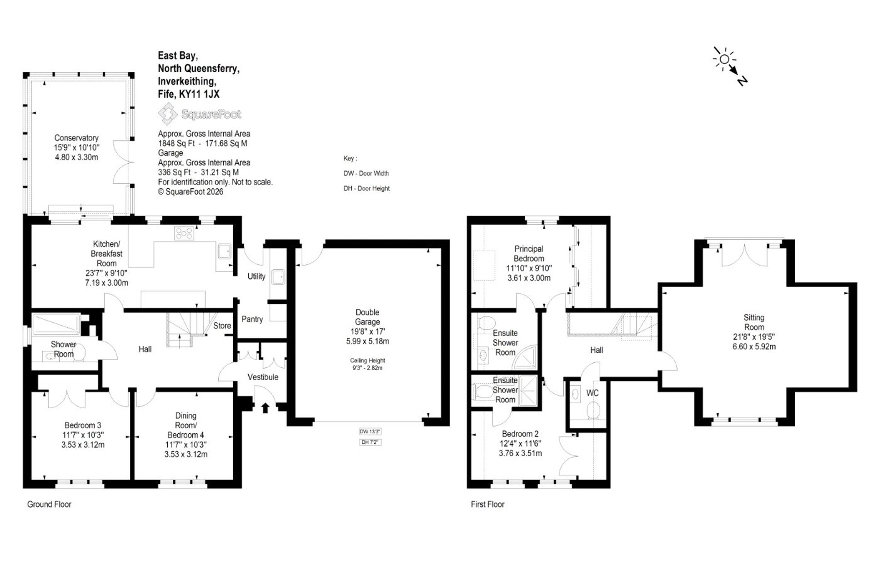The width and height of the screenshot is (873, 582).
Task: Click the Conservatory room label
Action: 76,138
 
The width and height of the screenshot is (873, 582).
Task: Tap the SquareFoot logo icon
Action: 168,113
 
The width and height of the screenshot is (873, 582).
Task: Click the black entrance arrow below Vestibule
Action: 265,407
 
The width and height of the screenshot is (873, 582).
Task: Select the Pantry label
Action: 252,319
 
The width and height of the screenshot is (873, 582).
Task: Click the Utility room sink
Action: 278,276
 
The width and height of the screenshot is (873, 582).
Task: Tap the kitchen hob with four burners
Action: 184,234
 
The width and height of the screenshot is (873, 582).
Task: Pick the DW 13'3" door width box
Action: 370,431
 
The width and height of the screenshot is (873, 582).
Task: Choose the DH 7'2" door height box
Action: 370,442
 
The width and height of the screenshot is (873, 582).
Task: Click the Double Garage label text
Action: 367,317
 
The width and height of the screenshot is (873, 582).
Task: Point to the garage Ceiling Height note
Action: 367,364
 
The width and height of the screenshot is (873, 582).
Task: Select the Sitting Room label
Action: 754,322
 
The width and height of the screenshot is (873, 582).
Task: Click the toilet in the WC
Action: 593,412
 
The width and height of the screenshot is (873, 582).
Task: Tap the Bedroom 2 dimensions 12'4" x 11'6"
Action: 520,443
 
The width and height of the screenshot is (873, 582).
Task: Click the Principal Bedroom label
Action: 529,254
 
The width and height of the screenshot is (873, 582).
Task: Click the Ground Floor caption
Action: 49,504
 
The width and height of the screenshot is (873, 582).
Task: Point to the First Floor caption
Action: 487,504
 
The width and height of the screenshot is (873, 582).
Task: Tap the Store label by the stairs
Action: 222,326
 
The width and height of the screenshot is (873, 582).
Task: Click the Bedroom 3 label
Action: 83,425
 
